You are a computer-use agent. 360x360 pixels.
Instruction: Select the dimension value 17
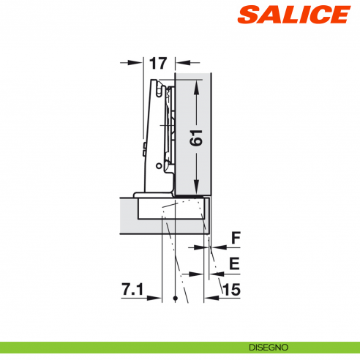point(157,63)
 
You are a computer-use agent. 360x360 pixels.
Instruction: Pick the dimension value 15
point(231,290)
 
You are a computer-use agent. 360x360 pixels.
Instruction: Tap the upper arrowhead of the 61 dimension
point(198,85)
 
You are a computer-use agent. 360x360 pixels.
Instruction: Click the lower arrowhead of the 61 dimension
point(198,188)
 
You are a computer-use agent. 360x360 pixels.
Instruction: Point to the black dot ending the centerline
point(176,299)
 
